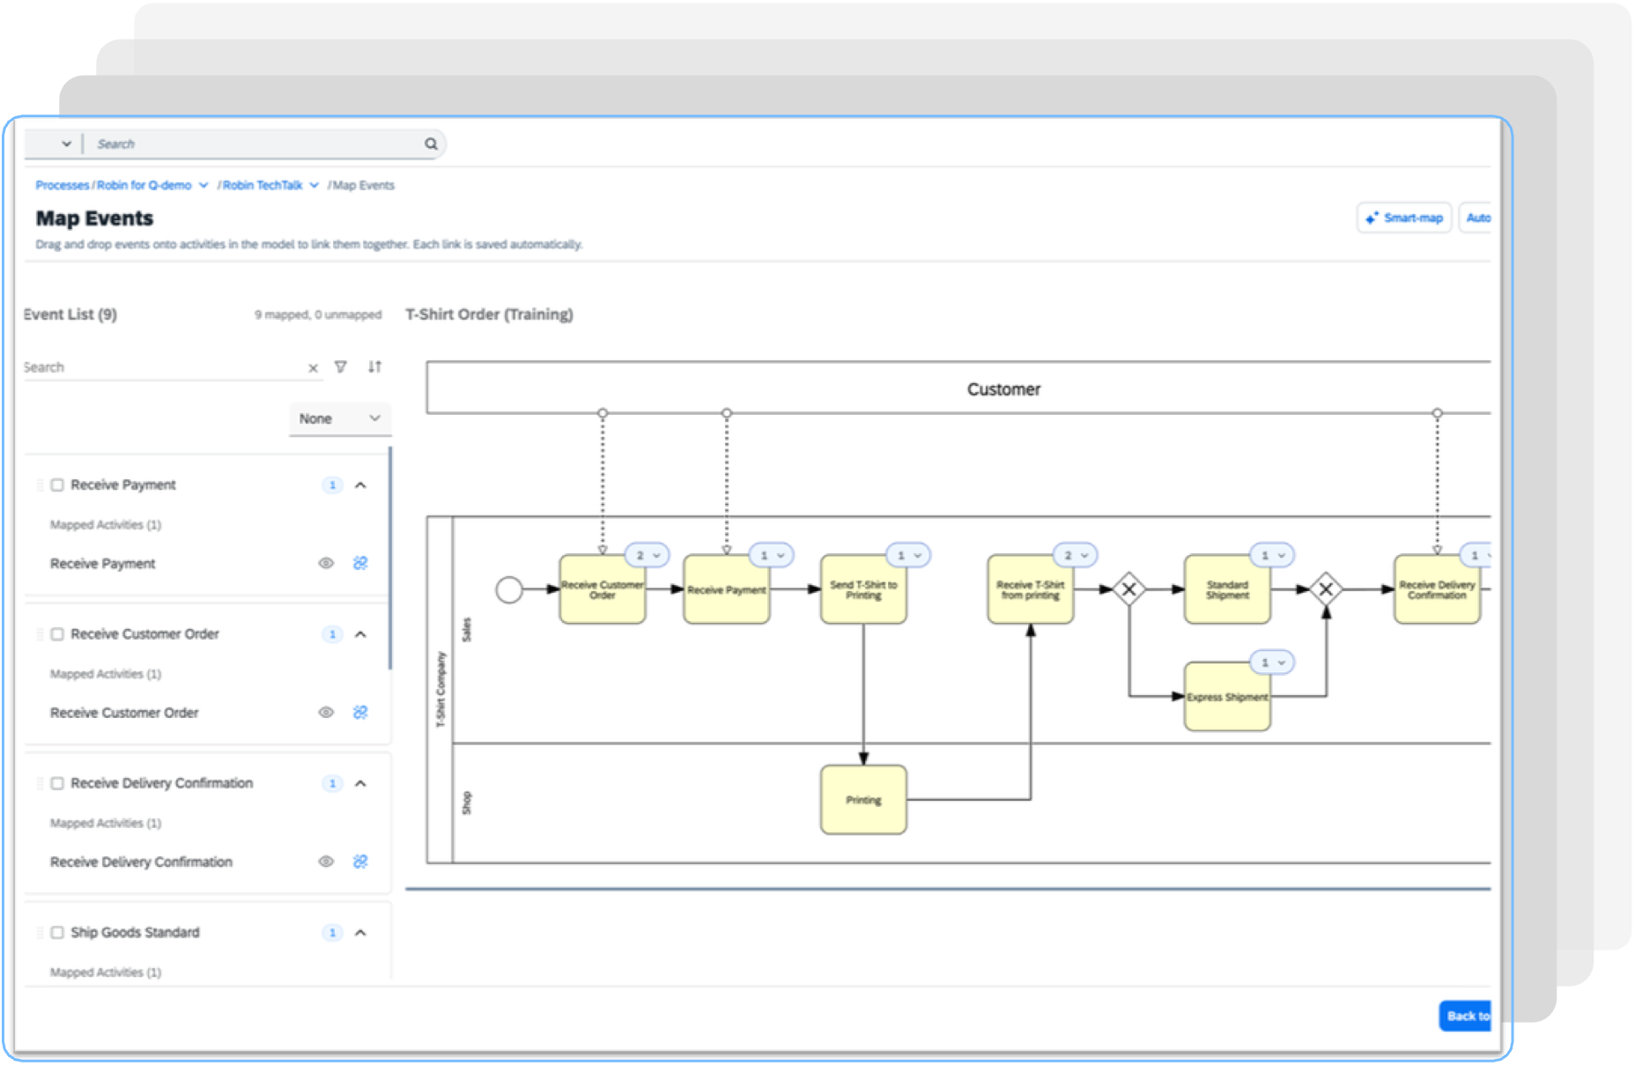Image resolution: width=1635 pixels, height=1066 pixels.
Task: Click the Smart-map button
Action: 1404,218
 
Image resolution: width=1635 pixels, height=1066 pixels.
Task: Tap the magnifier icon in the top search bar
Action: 431,144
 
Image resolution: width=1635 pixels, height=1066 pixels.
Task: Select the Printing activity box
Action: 862,800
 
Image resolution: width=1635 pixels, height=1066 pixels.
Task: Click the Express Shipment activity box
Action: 1226,698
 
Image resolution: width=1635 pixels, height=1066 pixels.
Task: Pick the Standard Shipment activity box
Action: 1226,590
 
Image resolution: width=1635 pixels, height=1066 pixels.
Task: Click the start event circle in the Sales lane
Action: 509,589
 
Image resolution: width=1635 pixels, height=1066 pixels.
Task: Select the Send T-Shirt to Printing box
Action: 862,590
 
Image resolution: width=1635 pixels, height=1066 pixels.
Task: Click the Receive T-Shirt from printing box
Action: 1030,590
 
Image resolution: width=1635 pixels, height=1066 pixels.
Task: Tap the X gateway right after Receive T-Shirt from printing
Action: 1128,589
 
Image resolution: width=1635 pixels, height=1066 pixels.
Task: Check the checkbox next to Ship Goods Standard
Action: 57,932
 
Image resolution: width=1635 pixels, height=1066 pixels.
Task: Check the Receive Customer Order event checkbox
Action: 57,634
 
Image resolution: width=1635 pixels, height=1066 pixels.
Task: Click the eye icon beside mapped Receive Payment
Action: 326,563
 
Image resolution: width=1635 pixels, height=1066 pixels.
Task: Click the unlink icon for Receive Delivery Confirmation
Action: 360,862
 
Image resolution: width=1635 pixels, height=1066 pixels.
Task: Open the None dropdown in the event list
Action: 339,418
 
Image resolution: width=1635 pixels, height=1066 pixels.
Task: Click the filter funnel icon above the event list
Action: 341,366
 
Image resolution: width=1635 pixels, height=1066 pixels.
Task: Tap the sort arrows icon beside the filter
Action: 375,366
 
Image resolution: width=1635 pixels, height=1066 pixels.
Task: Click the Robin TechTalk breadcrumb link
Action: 263,185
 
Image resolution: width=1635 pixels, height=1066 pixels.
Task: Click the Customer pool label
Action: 1003,389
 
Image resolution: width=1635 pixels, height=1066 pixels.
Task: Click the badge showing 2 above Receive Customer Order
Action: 647,556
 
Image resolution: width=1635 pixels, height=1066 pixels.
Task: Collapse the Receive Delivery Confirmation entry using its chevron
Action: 360,783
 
